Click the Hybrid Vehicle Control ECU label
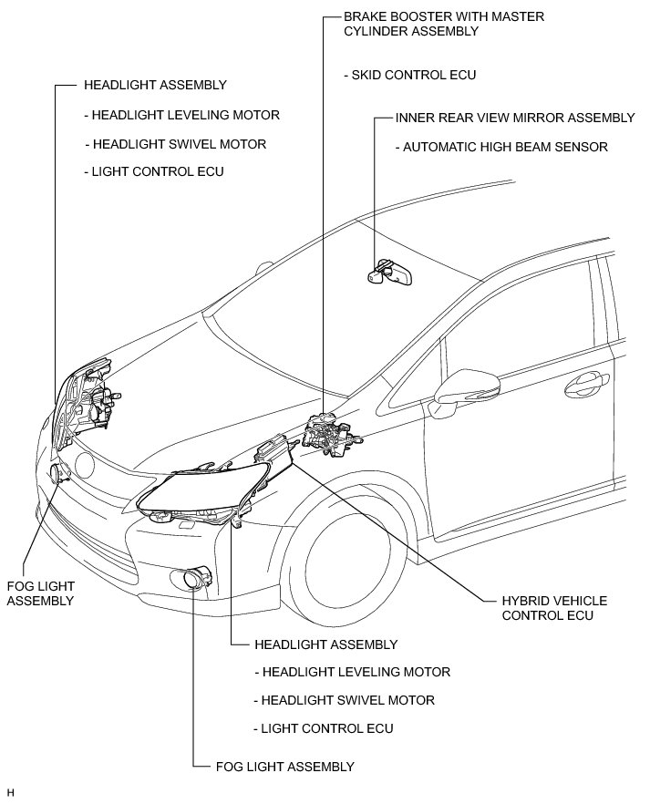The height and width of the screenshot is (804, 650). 554,608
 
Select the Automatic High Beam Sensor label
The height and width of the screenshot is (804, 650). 500,147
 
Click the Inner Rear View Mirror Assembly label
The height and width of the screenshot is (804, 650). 515,118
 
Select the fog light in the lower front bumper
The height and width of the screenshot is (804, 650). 195,578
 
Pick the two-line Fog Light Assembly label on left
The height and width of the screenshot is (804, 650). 40,593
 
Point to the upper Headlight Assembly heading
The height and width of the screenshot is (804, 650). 155,85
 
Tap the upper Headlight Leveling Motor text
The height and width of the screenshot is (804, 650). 181,116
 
